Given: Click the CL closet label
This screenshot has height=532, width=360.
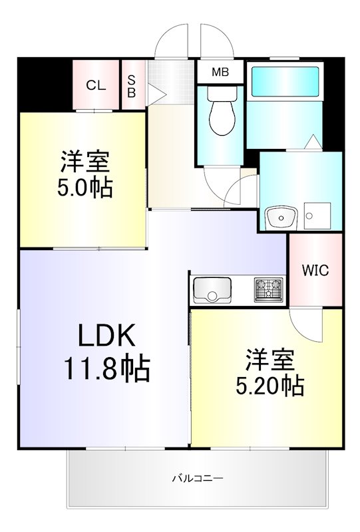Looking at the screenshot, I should (96, 85).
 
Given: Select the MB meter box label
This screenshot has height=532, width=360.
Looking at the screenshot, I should (219, 72).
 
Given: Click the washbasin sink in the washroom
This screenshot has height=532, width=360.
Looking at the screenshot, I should (281, 217).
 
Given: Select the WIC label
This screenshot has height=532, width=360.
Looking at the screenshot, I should (315, 271).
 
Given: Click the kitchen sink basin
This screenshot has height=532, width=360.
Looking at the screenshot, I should (212, 291).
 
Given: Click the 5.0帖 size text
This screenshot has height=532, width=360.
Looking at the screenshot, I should (85, 188).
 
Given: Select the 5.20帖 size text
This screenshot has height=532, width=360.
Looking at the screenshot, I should (270, 384).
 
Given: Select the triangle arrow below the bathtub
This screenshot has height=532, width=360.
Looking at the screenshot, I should (311, 142).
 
